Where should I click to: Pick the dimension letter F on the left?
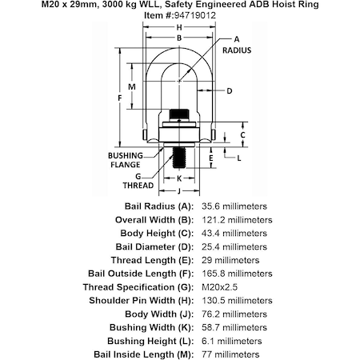(x=120, y=98)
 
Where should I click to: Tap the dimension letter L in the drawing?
(x=239, y=158)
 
